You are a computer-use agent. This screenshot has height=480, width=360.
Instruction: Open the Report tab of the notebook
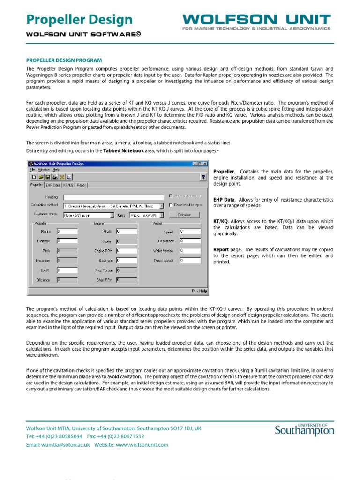pyautogui.click(x=82, y=185)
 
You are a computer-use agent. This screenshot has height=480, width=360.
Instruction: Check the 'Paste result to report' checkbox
pyautogui.click(x=171, y=205)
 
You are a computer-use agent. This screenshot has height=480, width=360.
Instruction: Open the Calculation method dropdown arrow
pyautogui.click(x=161, y=205)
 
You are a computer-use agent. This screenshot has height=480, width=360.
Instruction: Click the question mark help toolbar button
pyautogui.click(x=203, y=177)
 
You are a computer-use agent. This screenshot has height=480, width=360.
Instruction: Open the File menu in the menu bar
pyautogui.click(x=32, y=169)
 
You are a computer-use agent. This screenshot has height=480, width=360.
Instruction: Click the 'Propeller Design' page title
pyautogui.click(x=79, y=20)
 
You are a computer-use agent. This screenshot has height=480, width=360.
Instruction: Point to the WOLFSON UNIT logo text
pyautogui.click(x=256, y=19)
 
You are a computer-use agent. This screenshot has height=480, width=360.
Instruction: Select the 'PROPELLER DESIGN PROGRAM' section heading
pyautogui.click(x=64, y=60)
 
